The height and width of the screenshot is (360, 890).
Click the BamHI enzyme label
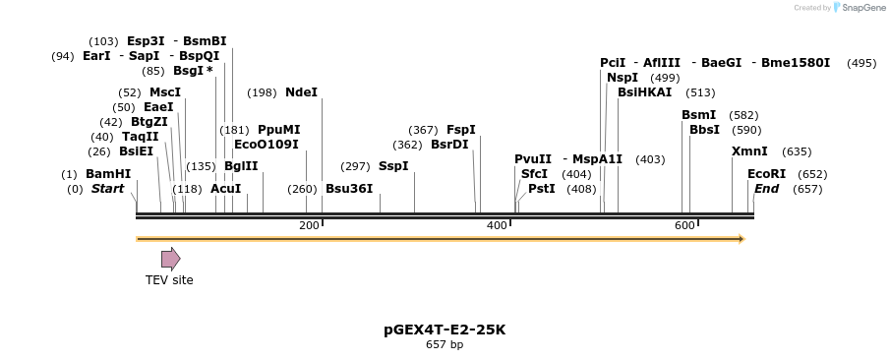[108, 174]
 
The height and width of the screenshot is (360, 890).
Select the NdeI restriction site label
[301, 92]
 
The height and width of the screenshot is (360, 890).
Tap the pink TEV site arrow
[170, 259]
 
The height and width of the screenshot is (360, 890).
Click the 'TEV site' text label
[169, 280]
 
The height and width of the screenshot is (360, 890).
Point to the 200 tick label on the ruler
[309, 226]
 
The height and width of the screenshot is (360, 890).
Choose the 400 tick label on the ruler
[497, 226]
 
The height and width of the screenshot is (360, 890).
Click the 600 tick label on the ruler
[684, 226]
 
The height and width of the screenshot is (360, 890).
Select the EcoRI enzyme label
[766, 174]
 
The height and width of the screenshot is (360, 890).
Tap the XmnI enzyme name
[749, 151]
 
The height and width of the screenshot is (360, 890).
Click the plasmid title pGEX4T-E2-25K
[445, 330]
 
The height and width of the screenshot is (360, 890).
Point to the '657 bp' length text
[445, 345]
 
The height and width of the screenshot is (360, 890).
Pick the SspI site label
[393, 166]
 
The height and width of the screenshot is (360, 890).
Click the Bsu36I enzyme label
[349, 189]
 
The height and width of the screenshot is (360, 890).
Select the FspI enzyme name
[461, 130]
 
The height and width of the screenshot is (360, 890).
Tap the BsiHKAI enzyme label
[644, 92]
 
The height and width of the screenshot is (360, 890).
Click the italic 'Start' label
[107, 189]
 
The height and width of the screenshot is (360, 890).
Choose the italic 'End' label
[767, 189]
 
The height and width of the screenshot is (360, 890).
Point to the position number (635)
[797, 151]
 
